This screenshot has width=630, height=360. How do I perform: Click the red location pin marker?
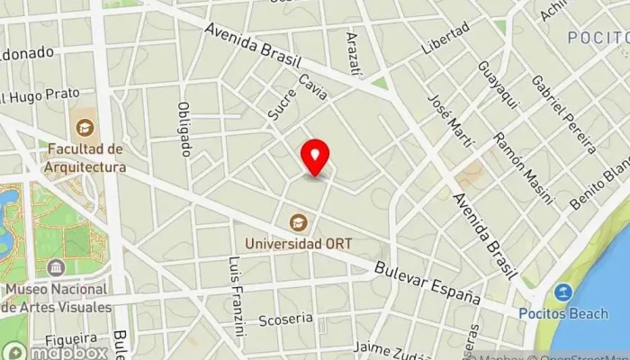[315, 157]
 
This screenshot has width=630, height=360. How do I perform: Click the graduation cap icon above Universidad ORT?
[295, 221]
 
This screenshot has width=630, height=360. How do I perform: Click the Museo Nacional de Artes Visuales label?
[56, 298]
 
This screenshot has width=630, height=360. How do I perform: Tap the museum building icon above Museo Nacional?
[57, 268]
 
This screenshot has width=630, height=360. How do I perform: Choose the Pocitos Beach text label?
[560, 312]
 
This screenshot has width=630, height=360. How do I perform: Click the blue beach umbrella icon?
[563, 292]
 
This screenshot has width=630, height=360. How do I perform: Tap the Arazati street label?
[354, 52]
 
